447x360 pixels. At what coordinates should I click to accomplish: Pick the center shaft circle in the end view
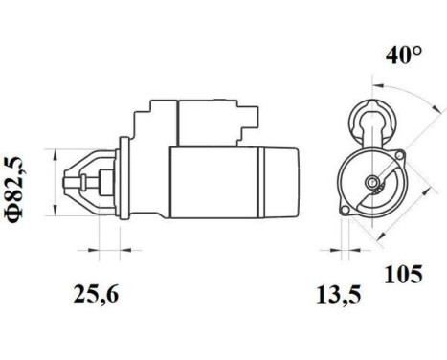[369, 182]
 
